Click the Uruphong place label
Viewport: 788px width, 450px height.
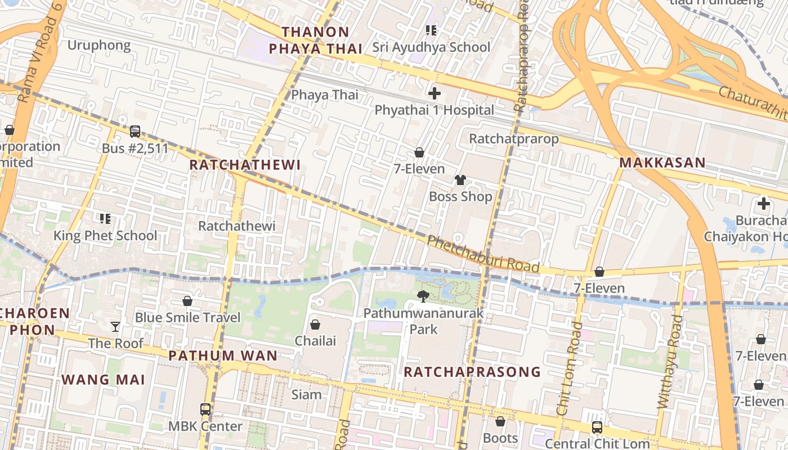[x=99, y=45]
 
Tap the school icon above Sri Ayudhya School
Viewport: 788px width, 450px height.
[x=431, y=30]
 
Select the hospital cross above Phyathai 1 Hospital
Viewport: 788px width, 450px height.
[x=434, y=93]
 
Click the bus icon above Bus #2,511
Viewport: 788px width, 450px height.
[x=135, y=132]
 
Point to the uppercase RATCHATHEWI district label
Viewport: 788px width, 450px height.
[x=245, y=165]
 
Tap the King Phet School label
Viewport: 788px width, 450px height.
[x=105, y=235]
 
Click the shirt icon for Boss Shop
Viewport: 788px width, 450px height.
[x=460, y=180]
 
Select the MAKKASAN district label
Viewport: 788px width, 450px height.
[x=662, y=163]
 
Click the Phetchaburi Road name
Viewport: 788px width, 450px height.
[x=483, y=254]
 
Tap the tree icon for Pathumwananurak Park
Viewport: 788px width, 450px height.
[x=423, y=296]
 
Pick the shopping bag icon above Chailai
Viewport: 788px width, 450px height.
[x=315, y=325]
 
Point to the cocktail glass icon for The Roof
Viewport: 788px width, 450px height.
[x=115, y=326]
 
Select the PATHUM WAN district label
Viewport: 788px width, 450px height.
[x=223, y=355]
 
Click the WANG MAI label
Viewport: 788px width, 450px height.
[x=103, y=379]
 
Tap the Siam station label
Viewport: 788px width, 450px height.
[x=307, y=394]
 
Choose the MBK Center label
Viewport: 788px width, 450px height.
[x=205, y=426]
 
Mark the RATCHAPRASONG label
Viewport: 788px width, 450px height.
[x=472, y=372]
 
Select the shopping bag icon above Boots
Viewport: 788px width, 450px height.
[x=500, y=421]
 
